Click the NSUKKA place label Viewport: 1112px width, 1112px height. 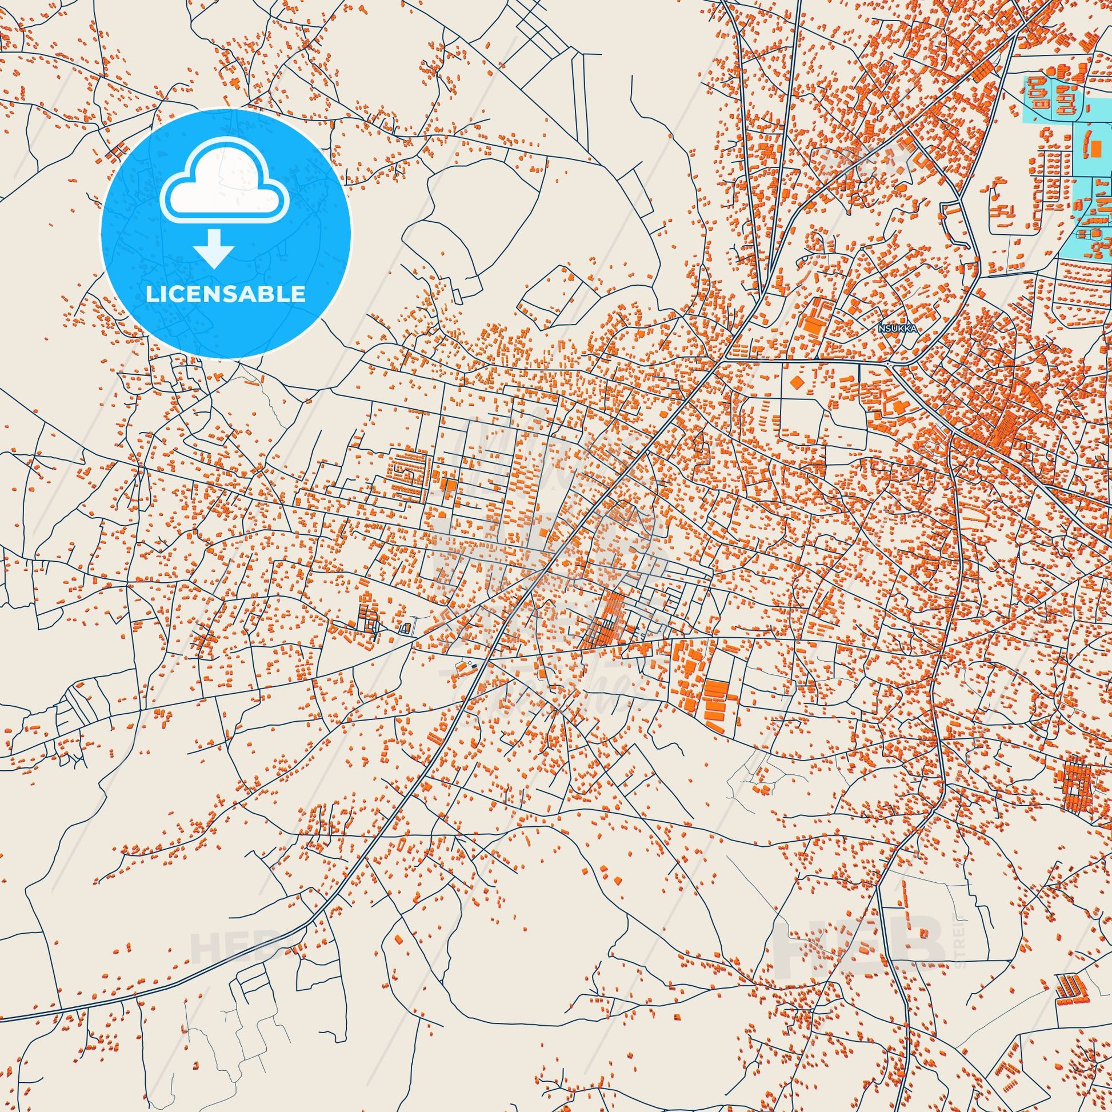[x=897, y=329]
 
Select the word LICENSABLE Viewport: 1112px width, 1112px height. [x=225, y=294]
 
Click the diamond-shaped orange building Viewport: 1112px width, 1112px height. [x=797, y=382]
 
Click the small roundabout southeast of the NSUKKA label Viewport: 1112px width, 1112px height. [x=889, y=364]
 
